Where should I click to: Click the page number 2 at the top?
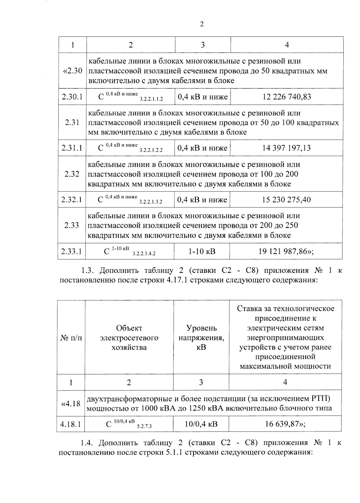[x=202, y=24]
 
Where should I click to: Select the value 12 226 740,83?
[x=287, y=97]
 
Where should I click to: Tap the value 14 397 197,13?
[x=286, y=148]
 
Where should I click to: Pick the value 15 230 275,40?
[x=286, y=200]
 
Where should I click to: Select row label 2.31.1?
[x=72, y=148]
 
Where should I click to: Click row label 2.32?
[x=72, y=174]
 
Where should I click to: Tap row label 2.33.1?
[x=71, y=251]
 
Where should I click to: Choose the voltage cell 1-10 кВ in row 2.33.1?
[x=202, y=251]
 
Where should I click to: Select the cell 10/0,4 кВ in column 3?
[x=201, y=424]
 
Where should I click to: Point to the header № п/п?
[x=71, y=338]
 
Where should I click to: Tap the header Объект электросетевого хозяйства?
[x=129, y=338]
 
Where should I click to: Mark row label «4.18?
[x=71, y=403]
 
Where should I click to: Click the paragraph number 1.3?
[x=88, y=271]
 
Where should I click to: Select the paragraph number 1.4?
[x=87, y=443]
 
